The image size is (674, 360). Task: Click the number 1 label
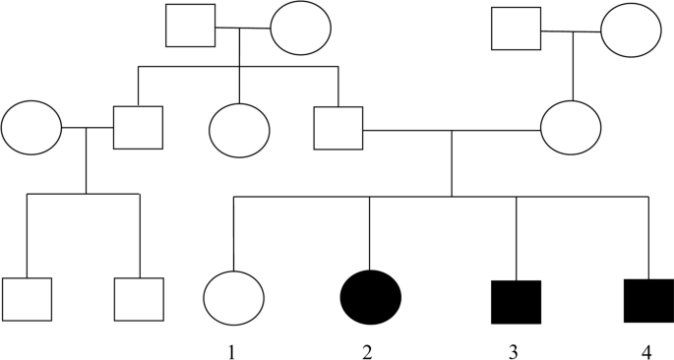232,350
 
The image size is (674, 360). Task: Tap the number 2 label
367,350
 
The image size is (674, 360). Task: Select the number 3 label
517,350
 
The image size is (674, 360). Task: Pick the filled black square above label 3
516,301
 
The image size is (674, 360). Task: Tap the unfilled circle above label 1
233,297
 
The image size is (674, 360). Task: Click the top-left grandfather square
191,26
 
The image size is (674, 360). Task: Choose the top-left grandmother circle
300,30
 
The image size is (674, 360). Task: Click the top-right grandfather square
517,29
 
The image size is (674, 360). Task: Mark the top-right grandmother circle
631,31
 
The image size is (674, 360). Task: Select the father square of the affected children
338,127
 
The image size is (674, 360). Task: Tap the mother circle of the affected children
571,127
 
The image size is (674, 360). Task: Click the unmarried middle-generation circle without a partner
239,127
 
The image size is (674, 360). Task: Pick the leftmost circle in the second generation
31,127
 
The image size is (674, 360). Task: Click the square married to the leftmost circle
138,127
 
